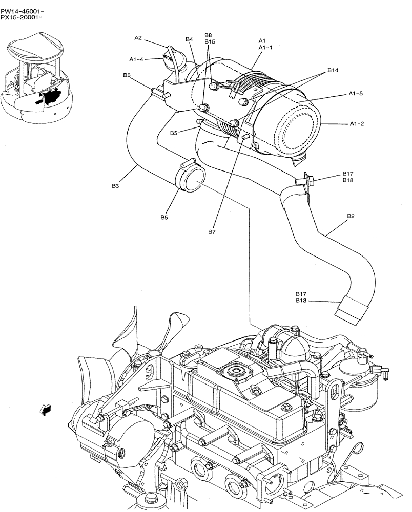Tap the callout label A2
pyautogui.click(x=138, y=37)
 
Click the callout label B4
pyautogui.click(x=189, y=39)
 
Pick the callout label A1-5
pyautogui.click(x=356, y=94)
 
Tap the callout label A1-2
pyautogui.click(x=357, y=123)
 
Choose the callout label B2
pyautogui.click(x=351, y=216)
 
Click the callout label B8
pyautogui.click(x=208, y=35)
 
